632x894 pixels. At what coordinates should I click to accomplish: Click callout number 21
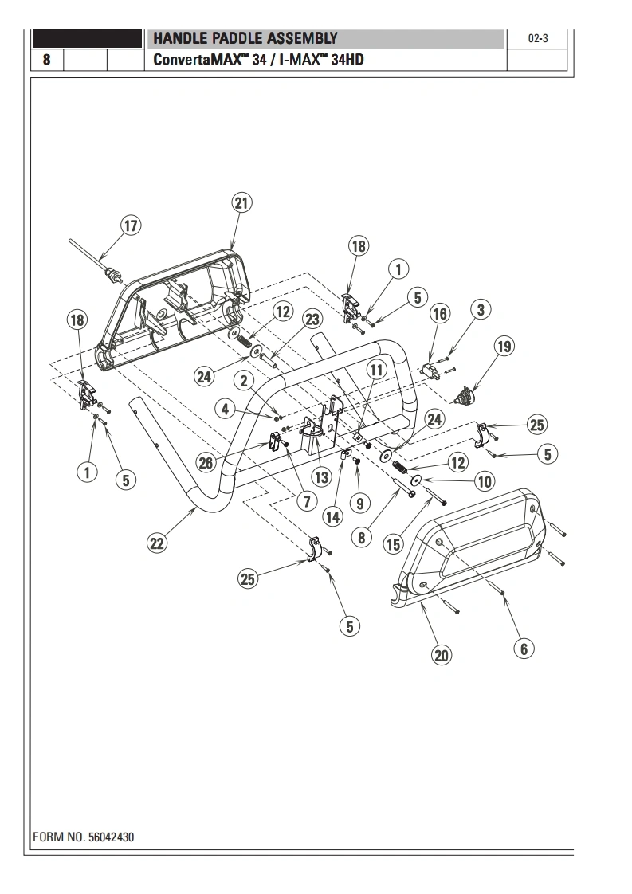[241, 203]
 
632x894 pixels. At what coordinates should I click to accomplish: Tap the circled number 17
[131, 225]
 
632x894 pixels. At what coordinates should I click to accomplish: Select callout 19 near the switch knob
[504, 346]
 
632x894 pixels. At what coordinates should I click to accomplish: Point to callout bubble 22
[157, 543]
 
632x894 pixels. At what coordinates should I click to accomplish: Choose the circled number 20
[442, 655]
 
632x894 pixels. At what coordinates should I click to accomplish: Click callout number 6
[524, 649]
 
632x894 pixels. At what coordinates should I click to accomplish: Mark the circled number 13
[321, 477]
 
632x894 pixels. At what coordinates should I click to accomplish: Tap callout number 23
[312, 319]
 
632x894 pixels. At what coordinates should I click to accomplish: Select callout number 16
[440, 313]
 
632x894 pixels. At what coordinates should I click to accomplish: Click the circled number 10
[484, 480]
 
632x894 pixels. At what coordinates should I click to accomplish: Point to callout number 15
[394, 545]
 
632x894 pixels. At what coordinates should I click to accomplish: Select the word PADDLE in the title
[231, 38]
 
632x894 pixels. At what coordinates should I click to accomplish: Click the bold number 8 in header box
[47, 60]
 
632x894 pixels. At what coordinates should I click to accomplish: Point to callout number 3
[480, 309]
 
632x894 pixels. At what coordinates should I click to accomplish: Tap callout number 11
[376, 370]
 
